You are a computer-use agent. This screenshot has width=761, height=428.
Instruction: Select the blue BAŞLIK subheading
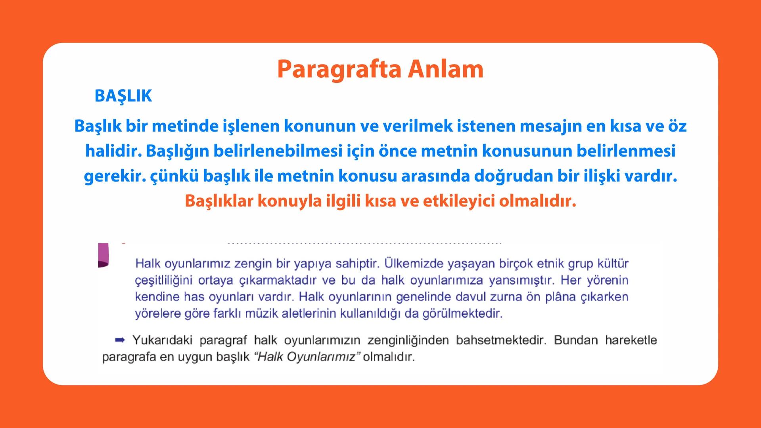[x=123, y=96]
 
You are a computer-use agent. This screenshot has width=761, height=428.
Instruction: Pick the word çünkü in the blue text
[x=174, y=176]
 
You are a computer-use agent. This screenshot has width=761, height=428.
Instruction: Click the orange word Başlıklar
[x=219, y=201]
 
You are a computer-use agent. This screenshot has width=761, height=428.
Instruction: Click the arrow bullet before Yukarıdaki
[x=120, y=340]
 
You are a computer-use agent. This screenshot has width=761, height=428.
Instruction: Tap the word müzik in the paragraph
[x=261, y=314]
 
